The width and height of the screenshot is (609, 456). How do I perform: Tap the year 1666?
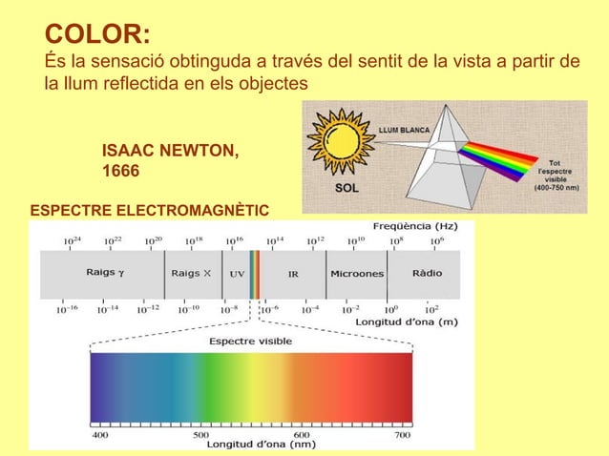click(x=120, y=172)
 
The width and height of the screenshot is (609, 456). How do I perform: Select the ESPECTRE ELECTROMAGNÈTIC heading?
click(x=150, y=210)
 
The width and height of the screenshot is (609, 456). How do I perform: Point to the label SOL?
click(x=346, y=188)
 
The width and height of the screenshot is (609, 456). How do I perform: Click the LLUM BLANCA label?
click(x=404, y=130)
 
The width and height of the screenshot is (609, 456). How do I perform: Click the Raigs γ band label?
click(x=105, y=273)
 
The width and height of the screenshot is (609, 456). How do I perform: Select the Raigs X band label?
click(x=191, y=273)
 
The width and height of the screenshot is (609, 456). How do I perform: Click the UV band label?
click(x=237, y=274)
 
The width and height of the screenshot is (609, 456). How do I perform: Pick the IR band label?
click(x=293, y=274)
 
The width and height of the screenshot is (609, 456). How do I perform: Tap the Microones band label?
click(x=357, y=274)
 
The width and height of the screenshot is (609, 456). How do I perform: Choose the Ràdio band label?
click(x=427, y=273)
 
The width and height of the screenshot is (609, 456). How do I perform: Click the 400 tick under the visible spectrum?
click(x=99, y=434)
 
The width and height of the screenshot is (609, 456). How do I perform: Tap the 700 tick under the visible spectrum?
click(x=403, y=434)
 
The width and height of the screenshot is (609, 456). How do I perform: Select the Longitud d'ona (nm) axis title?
click(x=261, y=444)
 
